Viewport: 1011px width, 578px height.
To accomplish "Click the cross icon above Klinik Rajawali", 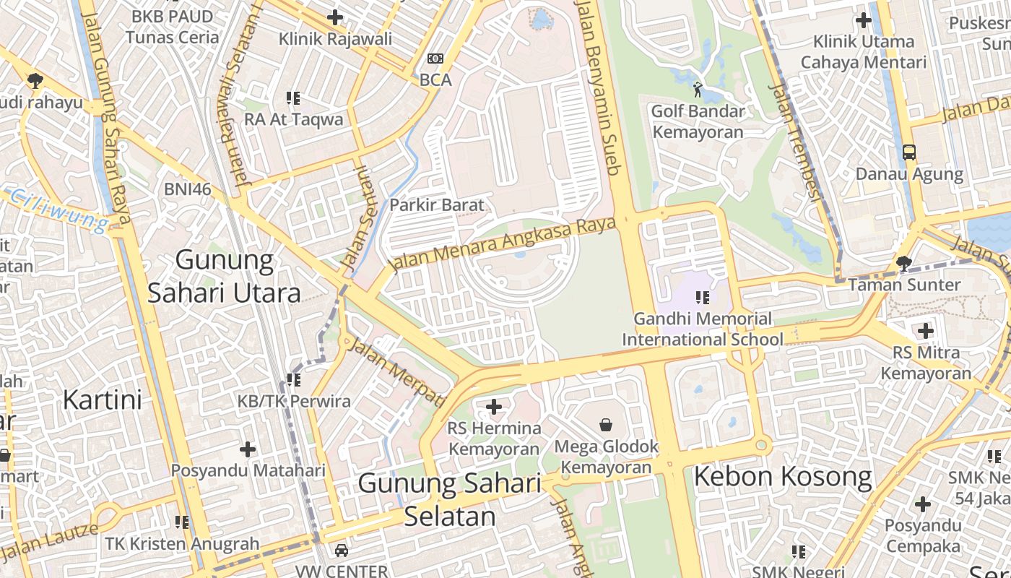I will pos(335,17).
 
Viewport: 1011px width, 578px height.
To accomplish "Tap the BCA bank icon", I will pos(435,59).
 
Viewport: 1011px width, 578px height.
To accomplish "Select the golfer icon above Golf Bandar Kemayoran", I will pos(697,90).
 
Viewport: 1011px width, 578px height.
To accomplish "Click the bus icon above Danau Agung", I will pos(908,152).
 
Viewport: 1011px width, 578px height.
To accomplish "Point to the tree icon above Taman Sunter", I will pos(903,263).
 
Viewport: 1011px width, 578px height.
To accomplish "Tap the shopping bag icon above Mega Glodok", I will pos(606,425).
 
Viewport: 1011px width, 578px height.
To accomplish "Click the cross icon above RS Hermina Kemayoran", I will pos(494,407).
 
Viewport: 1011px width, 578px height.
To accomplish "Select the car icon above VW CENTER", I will pos(342,551).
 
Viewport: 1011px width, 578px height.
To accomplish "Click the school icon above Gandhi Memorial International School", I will pos(702,297).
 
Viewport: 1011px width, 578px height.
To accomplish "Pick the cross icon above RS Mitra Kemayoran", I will pos(925,332).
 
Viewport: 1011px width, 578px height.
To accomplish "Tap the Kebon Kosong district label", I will pos(783,477).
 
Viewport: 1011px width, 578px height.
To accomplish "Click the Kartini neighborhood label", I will pos(102,400).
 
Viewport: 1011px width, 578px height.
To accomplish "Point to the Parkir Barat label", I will pos(437,205).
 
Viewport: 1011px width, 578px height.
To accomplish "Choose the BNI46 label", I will pos(187,189).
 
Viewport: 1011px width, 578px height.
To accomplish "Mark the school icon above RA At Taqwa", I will pos(293,98).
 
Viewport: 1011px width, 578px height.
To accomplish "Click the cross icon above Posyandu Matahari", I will pos(248,449).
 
